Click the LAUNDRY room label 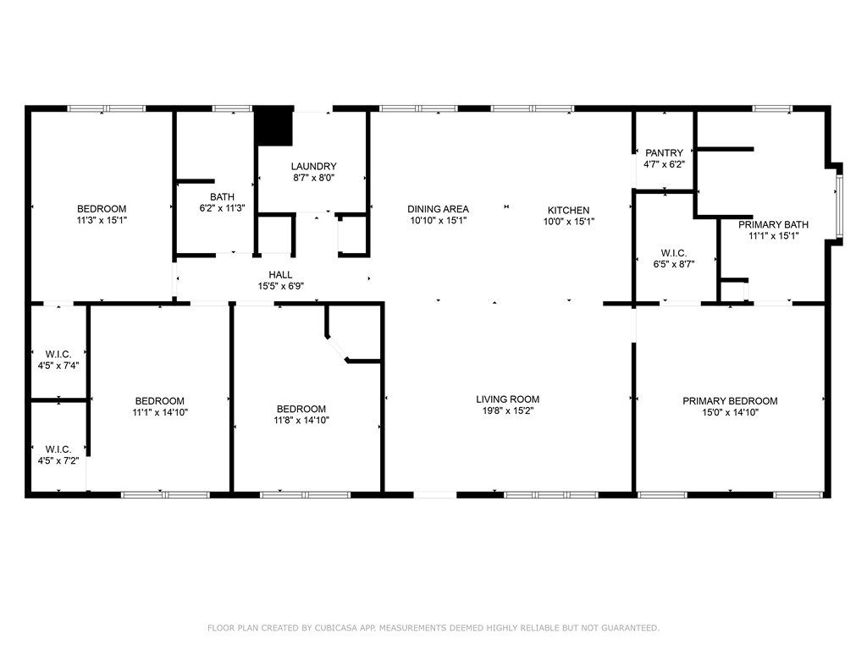[313, 167]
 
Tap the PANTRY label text [664, 152]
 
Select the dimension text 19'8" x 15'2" [507, 410]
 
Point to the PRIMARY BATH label [773, 224]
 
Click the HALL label [280, 274]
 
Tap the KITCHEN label [568, 210]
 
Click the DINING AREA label [438, 209]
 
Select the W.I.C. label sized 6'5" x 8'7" [673, 253]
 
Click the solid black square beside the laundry [273, 127]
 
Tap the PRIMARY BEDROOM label [730, 401]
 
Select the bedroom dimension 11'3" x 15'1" [102, 220]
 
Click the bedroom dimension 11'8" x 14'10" [301, 420]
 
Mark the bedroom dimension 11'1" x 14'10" [160, 412]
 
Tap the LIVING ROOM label [507, 399]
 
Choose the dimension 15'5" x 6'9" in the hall [280, 286]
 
